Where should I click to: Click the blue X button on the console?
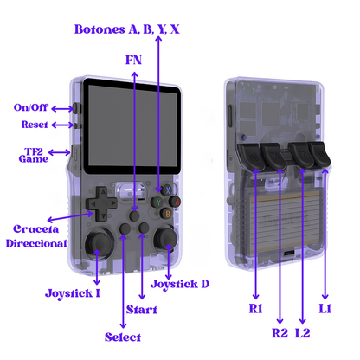168,190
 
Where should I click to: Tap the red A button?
176,202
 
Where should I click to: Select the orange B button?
167,214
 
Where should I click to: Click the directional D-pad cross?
101,203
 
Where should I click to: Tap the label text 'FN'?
133,60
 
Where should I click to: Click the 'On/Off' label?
30,107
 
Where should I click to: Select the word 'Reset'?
35,125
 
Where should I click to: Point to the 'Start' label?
142,310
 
